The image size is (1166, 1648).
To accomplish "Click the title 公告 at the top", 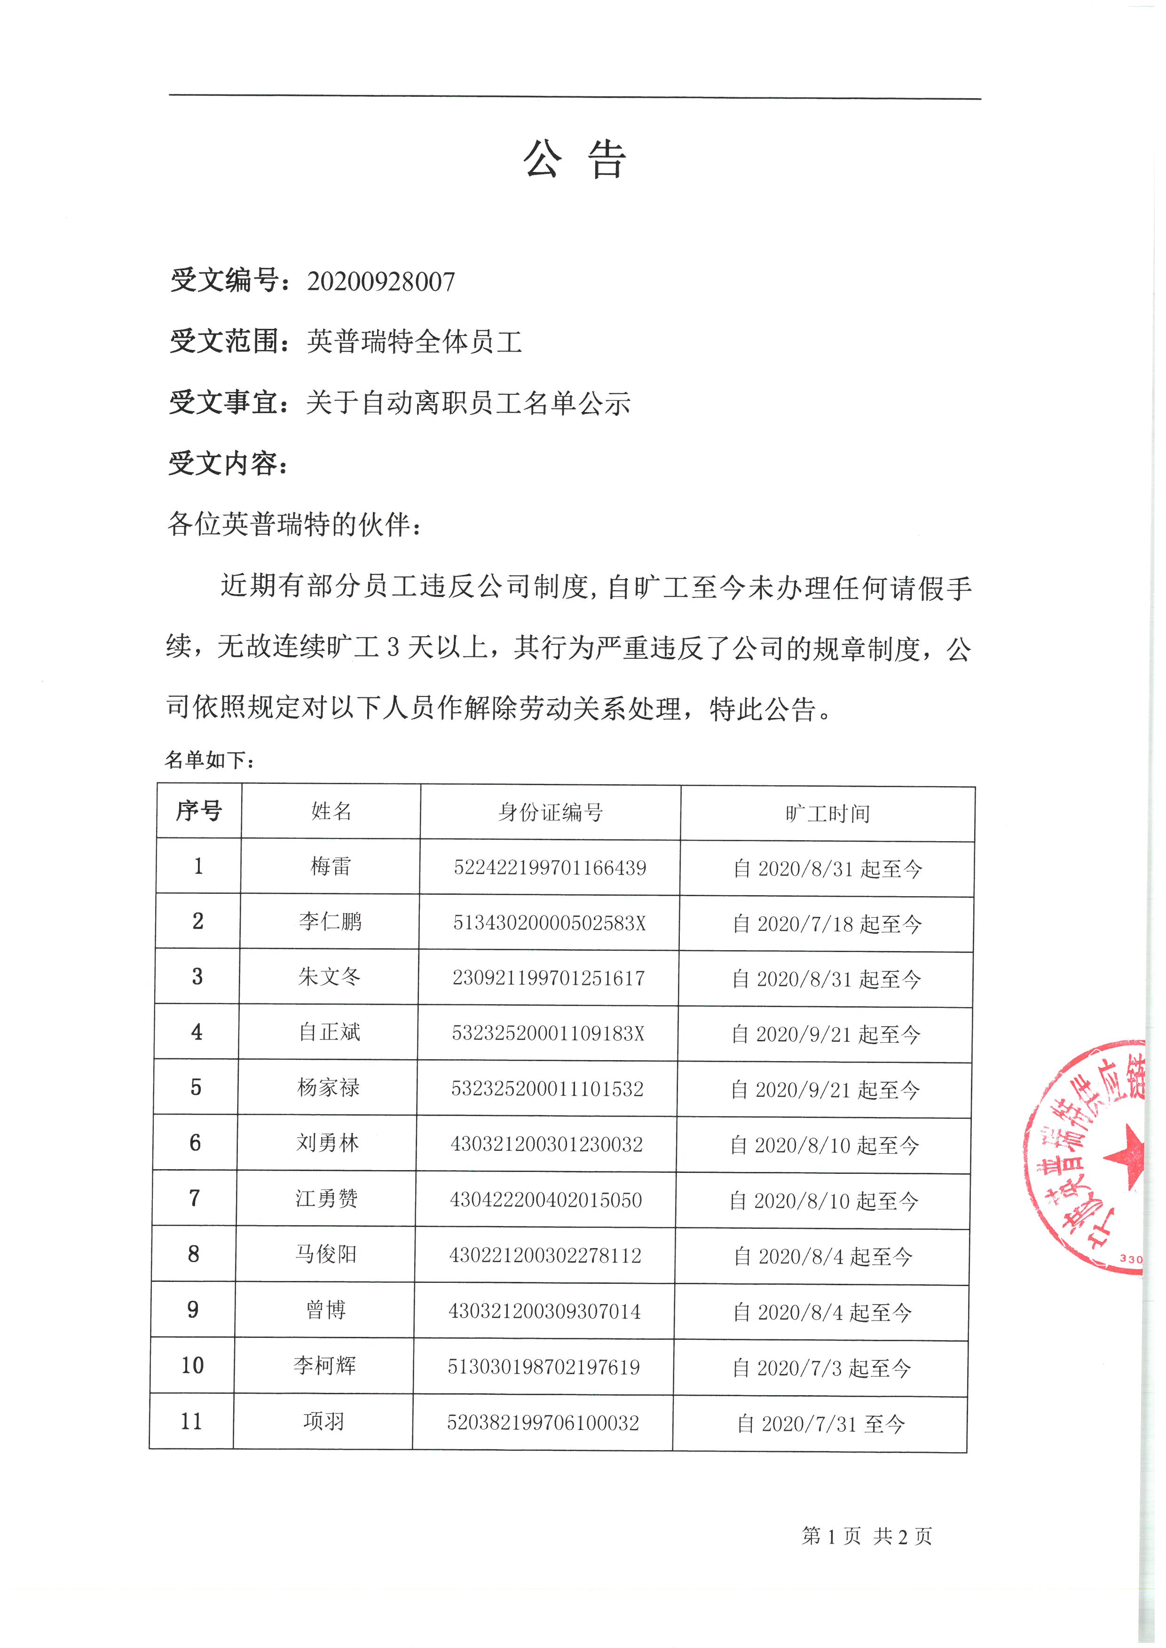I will point(575,159).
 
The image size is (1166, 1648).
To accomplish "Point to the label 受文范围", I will point(224,341).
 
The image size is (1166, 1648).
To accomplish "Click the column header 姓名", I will point(331,811).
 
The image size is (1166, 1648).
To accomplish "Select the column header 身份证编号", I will point(550,812).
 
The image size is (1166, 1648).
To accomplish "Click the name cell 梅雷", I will point(330,867).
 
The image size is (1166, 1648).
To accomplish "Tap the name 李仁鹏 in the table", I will point(330,922).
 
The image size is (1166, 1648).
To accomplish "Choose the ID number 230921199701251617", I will point(549,977).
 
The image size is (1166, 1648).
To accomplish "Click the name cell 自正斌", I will point(329,1032).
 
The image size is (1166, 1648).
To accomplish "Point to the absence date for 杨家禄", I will point(825,1090).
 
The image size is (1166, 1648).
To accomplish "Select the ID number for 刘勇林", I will point(546,1144).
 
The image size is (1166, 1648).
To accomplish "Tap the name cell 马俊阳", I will point(326,1254).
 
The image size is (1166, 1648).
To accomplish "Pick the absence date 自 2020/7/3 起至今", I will point(821,1368).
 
